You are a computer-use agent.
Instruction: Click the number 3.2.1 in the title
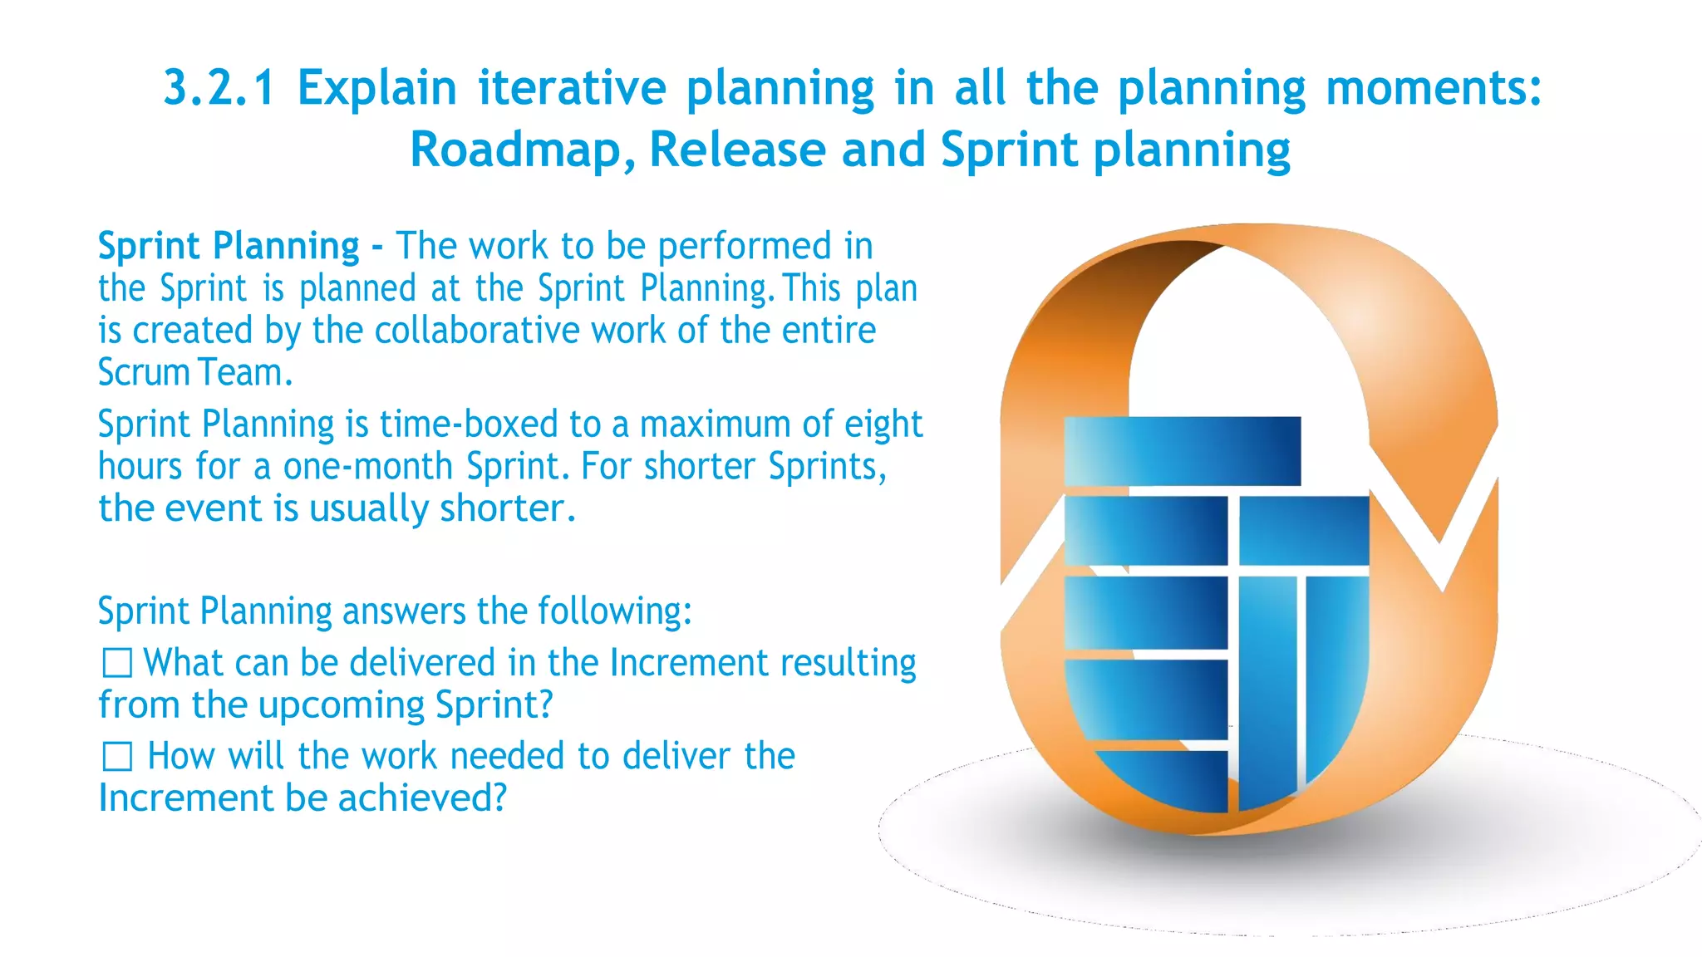coord(219,88)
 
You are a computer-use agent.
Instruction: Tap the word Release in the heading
coord(736,150)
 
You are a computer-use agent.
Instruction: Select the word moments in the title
coord(1433,88)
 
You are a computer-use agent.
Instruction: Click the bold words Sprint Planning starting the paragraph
coord(229,247)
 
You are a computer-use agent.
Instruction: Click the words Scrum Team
coord(195,373)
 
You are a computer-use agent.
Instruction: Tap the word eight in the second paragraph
coord(883,425)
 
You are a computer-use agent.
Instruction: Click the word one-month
coord(368,467)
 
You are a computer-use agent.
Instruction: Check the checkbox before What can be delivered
coord(117,664)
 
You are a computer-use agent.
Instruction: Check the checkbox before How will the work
coord(117,757)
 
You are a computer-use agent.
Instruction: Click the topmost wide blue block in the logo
coord(1182,451)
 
